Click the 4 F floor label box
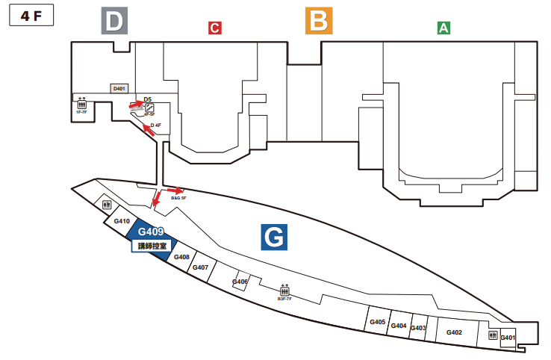coord(31,16)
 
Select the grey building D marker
coord(113,22)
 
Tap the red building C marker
coord(214,28)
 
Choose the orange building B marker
coord(318,21)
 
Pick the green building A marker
coord(443,28)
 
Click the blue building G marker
coord(274,238)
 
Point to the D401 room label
coord(119,89)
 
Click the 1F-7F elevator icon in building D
coord(82,105)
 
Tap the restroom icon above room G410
coord(108,205)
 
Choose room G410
coord(122,221)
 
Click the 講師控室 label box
coord(152,245)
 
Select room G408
coord(181,257)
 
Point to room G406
coord(240,282)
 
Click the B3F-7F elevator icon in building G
coord(284,290)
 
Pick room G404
coord(398,326)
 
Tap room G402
coord(454,332)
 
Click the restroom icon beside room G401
coord(493,336)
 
